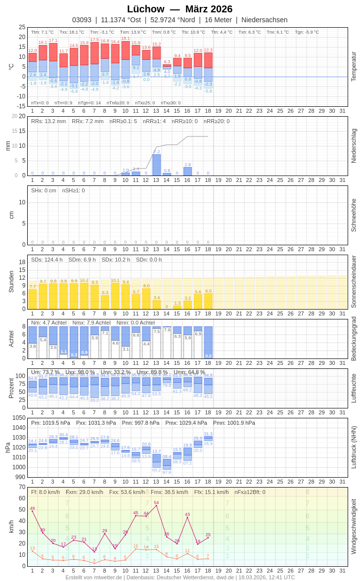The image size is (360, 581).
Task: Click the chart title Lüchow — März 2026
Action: [180, 9]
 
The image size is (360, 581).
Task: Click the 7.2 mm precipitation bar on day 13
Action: [156, 165]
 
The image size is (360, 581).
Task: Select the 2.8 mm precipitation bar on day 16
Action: [187, 172]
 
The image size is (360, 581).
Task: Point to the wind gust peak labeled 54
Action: [156, 505]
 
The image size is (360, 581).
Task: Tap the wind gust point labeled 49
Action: [32, 511]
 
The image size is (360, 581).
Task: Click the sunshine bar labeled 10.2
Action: [84, 296]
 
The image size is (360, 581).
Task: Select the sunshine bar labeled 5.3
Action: [105, 302]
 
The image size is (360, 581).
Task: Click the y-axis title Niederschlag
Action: [354, 146]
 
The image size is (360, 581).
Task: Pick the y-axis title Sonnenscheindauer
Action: [354, 282]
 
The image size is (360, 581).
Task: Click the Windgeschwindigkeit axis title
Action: [354, 526]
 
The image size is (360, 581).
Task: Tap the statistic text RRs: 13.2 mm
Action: [48, 121]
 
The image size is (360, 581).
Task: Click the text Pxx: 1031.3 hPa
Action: [96, 423]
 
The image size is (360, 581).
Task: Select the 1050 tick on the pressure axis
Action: [19, 418]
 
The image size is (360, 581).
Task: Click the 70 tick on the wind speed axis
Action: [22, 487]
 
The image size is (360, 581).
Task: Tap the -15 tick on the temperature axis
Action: [21, 106]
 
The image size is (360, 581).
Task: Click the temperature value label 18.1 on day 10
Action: [126, 38]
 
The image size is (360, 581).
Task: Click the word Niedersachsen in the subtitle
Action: [264, 20]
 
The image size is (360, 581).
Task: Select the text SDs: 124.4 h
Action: [47, 260]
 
